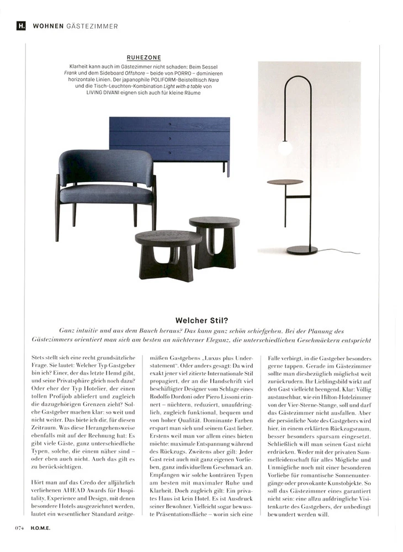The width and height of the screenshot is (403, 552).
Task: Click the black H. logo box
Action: click(x=22, y=25)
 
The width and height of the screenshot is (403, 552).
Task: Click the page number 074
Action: click(x=19, y=527)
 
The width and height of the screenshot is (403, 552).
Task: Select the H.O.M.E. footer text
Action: click(x=40, y=527)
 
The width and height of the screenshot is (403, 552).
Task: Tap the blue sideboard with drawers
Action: click(x=169, y=139)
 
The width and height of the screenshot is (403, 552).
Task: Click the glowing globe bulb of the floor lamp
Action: click(x=285, y=148)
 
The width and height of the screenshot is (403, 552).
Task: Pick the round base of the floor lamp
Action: click(x=302, y=250)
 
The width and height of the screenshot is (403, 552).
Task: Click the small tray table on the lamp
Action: click(x=285, y=182)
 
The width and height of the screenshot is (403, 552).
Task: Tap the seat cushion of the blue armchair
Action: click(x=106, y=194)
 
